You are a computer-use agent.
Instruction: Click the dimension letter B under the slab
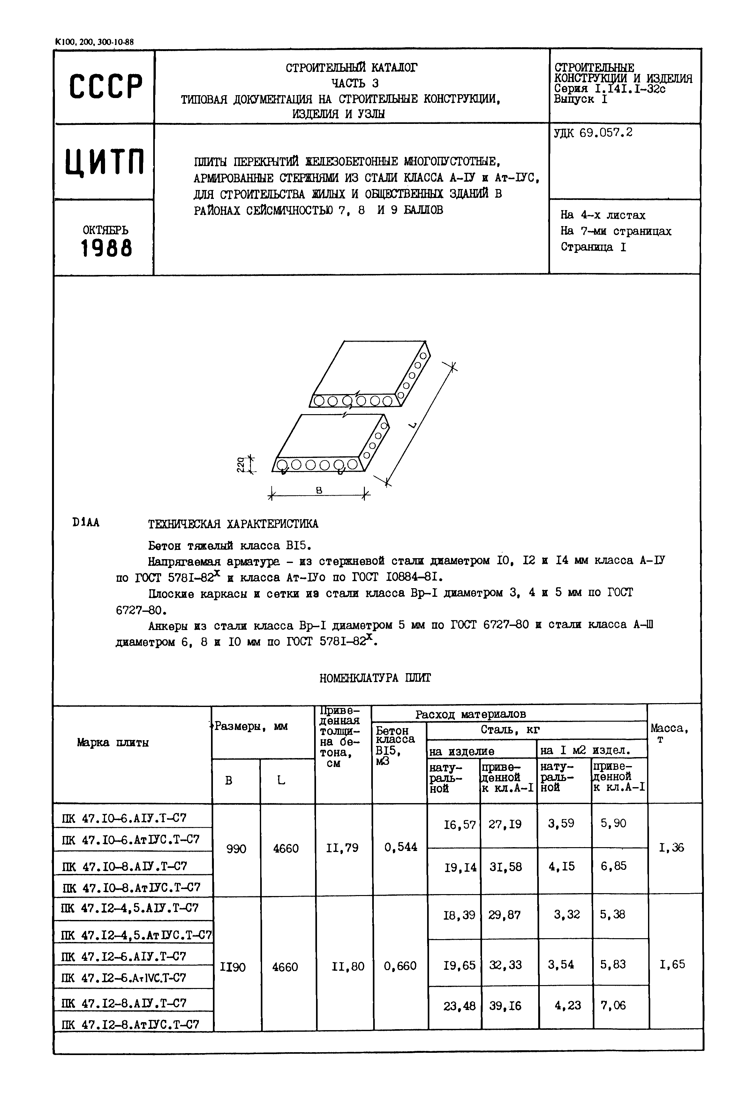coord(319,490)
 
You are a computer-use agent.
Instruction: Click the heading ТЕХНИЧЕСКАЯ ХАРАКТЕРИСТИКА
coord(233,524)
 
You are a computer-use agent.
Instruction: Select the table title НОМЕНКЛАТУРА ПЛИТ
coord(375,678)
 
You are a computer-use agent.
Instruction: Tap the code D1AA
coord(86,523)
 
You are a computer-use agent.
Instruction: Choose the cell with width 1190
coord(233,967)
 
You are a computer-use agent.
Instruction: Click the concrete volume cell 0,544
coord(400,847)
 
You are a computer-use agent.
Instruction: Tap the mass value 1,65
coord(672,965)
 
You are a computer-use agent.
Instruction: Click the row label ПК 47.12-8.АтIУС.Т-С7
coord(130,1024)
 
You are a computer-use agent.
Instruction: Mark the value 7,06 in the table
coord(613,1006)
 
